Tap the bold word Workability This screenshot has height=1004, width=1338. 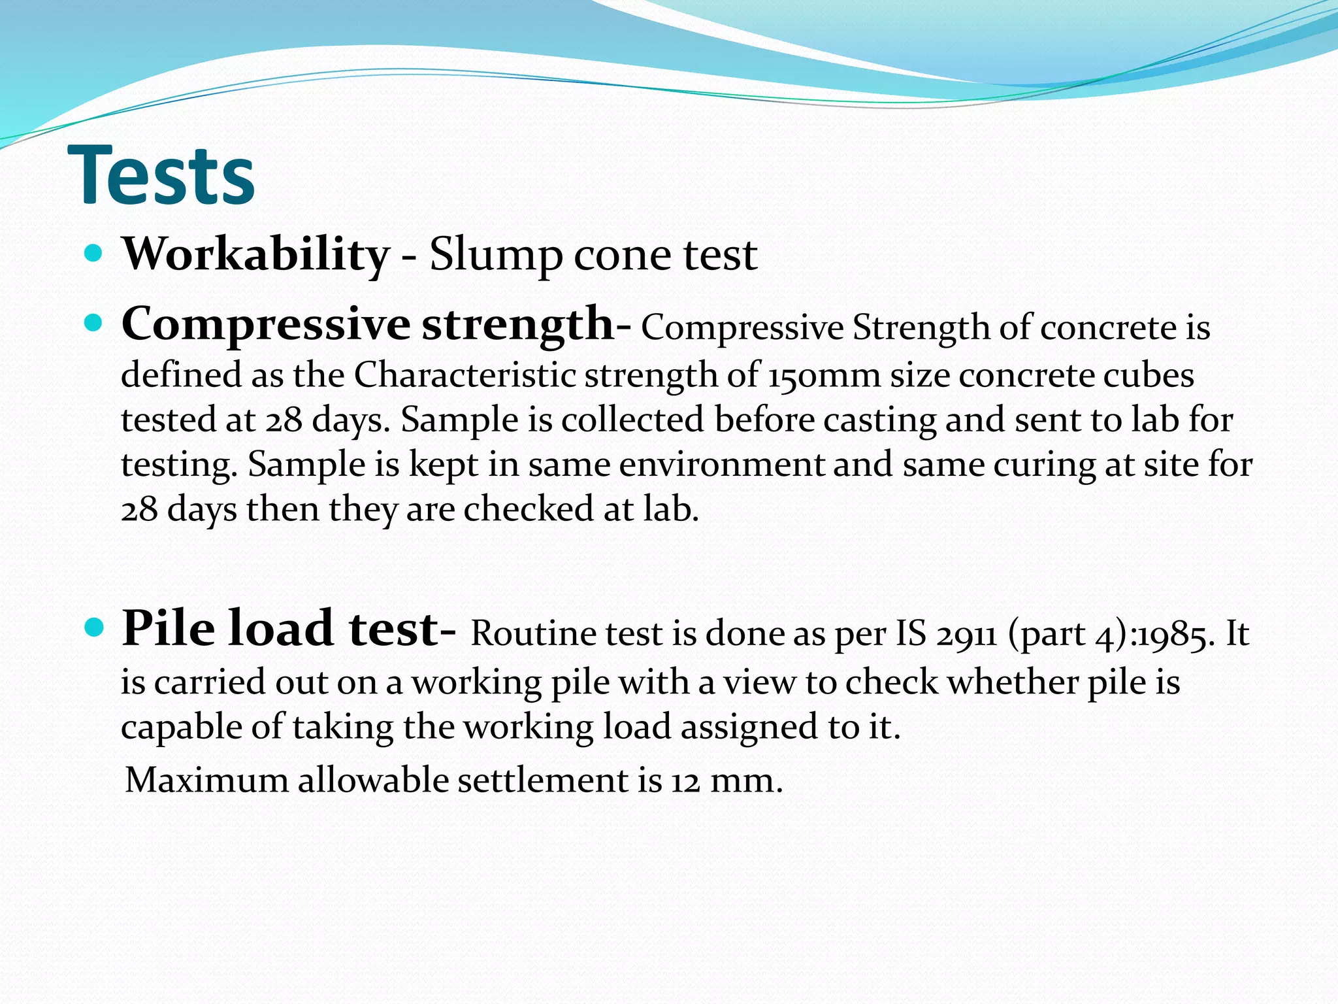coord(255,254)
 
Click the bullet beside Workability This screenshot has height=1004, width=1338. coord(94,254)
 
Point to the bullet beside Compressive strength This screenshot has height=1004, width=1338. coord(94,323)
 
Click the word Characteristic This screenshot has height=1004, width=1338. coord(465,376)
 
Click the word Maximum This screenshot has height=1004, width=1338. coord(206,780)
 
